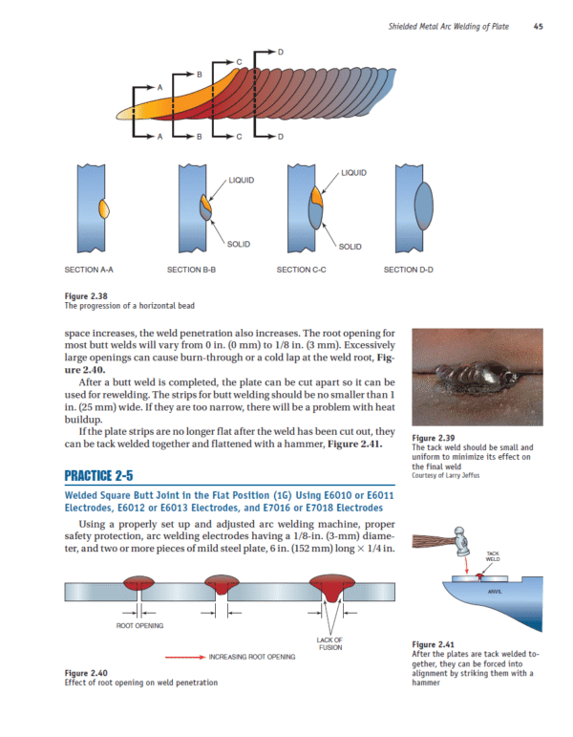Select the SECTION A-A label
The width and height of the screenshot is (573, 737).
[89, 270]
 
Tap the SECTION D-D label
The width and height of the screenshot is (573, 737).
[408, 270]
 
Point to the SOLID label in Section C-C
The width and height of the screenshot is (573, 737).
[350, 247]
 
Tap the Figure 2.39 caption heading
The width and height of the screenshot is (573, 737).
[432, 438]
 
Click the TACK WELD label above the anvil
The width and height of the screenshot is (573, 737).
[493, 556]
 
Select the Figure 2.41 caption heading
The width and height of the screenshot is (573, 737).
[432, 643]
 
